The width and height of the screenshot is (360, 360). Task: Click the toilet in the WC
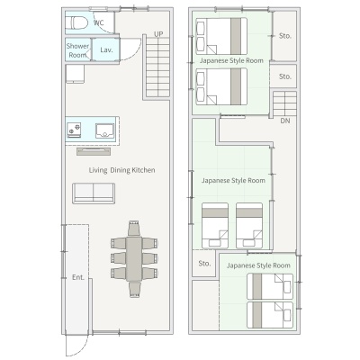click(x=76, y=22)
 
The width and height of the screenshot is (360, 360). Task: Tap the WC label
click(x=99, y=23)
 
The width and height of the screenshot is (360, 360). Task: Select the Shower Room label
click(x=77, y=50)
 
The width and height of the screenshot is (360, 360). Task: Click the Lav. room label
click(x=106, y=49)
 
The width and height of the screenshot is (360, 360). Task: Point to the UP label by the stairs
click(x=158, y=34)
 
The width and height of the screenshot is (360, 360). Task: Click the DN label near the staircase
click(x=285, y=121)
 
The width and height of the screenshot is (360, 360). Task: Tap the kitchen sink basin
click(x=104, y=130)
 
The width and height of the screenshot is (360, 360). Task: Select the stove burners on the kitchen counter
click(x=74, y=130)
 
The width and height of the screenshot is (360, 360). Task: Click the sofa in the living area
click(x=94, y=193)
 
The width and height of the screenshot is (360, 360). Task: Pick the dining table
click(x=134, y=259)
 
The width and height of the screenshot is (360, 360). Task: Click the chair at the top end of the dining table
click(x=134, y=229)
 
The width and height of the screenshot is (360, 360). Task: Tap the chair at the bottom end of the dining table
click(x=134, y=289)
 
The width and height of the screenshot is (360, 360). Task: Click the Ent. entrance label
click(x=78, y=277)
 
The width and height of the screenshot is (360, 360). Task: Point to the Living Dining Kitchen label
click(x=121, y=170)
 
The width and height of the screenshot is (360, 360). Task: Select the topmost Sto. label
click(x=285, y=36)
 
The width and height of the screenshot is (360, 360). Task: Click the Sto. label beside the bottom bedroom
click(x=204, y=264)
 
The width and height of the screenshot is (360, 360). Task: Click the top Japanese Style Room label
click(x=231, y=60)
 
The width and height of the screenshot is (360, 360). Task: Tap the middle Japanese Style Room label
click(x=233, y=181)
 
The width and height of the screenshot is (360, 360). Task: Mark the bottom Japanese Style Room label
click(x=258, y=265)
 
